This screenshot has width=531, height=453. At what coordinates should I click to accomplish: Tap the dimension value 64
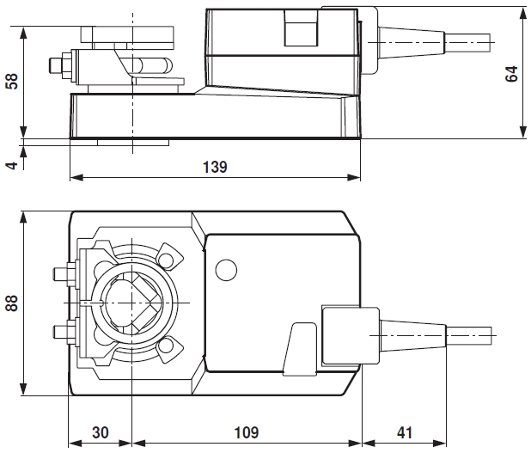512,72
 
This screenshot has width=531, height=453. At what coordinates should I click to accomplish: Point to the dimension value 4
11,160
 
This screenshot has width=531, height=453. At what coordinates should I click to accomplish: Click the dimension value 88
11,304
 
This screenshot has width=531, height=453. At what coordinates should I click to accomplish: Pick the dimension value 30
100,432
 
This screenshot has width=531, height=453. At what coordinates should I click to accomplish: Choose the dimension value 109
245,432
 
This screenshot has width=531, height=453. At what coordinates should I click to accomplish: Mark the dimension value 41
404,432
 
